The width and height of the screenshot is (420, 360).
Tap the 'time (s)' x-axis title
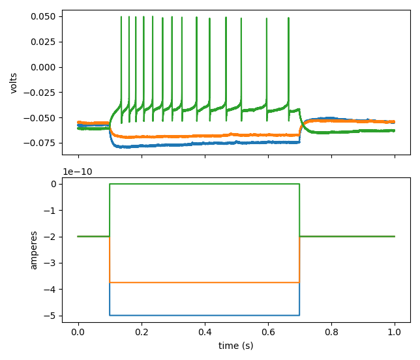pos(236,346)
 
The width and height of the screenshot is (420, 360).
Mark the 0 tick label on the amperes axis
pos(54,184)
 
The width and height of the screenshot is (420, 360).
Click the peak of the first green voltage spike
pos(121,18)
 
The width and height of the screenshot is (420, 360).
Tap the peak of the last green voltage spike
pos(288,20)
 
